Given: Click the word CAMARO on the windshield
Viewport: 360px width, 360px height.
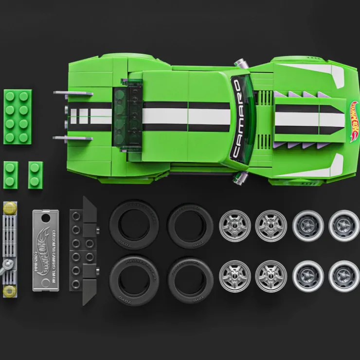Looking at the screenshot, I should pyautogui.click(x=237, y=119).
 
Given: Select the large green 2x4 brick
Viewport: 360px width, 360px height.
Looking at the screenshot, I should pyautogui.click(x=18, y=116).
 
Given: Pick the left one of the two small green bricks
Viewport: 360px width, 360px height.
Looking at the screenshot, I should pyautogui.click(x=11, y=175).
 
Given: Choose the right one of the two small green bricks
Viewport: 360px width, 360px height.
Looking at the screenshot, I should pyautogui.click(x=36, y=175).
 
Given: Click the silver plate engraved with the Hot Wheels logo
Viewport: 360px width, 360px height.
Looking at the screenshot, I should pyautogui.click(x=46, y=250).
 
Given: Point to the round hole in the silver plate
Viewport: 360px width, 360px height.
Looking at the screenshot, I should pyautogui.click(x=46, y=217).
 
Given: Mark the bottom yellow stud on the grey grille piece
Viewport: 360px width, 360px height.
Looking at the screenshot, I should pyautogui.click(x=9, y=291).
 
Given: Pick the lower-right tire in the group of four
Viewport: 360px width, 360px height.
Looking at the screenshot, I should pyautogui.click(x=190, y=280).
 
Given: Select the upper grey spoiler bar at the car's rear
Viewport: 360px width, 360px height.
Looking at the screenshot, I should pyautogui.click(x=73, y=93).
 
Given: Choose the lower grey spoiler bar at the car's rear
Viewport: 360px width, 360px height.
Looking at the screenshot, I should pyautogui.click(x=73, y=139).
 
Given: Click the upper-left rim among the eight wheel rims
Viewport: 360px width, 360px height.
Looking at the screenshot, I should pyautogui.click(x=235, y=225).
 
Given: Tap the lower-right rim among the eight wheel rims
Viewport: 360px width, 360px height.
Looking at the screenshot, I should pyautogui.click(x=344, y=276).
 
